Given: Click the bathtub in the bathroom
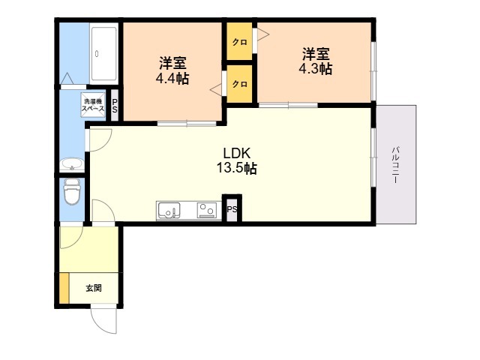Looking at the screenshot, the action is [104, 53].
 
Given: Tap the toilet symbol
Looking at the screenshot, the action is [72, 192].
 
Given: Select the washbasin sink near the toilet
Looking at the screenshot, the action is [72, 164].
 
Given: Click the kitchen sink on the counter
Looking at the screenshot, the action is [168, 210].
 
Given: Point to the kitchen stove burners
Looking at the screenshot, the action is [207, 210].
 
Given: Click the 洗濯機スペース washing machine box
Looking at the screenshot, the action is [93, 105].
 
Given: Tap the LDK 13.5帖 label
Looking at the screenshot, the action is [237, 160].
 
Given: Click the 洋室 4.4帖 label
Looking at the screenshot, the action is [172, 70].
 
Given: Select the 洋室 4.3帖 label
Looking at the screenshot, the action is [316, 61].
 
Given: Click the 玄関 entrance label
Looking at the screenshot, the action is [93, 288].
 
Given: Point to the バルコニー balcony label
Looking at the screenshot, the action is [396, 165].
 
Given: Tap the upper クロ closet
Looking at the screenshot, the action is [239, 41].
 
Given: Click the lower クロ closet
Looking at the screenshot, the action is [239, 83].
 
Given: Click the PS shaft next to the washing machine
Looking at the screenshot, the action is [115, 106].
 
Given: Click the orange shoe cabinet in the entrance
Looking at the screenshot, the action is [64, 288].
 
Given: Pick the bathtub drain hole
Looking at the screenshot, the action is [97, 54].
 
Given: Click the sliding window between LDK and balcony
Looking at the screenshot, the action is [373, 157].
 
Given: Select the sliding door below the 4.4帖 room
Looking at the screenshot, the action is [187, 124].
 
